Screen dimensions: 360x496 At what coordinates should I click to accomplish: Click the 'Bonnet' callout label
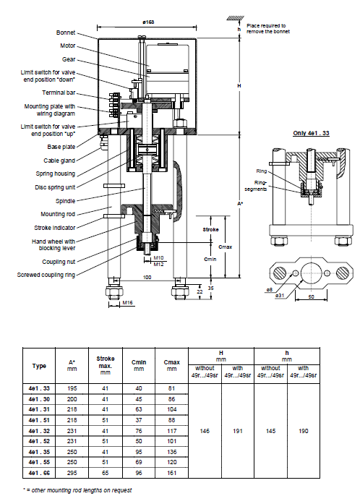[x=66, y=33]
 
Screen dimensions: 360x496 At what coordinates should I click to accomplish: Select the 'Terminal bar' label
[x=59, y=93]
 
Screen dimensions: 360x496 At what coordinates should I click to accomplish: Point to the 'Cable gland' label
[x=59, y=161]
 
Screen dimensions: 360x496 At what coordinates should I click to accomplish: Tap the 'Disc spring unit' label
[x=55, y=187]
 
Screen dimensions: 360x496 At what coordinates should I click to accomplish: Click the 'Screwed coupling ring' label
[x=46, y=275]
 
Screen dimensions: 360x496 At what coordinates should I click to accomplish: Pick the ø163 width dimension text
[x=148, y=22]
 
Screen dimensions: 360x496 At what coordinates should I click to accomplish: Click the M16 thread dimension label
[x=127, y=303]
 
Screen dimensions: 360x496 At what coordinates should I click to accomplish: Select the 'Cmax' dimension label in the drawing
[x=226, y=247]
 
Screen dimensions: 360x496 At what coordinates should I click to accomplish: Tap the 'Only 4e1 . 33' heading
[x=311, y=133]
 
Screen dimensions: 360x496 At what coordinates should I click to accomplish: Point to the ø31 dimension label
[x=279, y=296]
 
